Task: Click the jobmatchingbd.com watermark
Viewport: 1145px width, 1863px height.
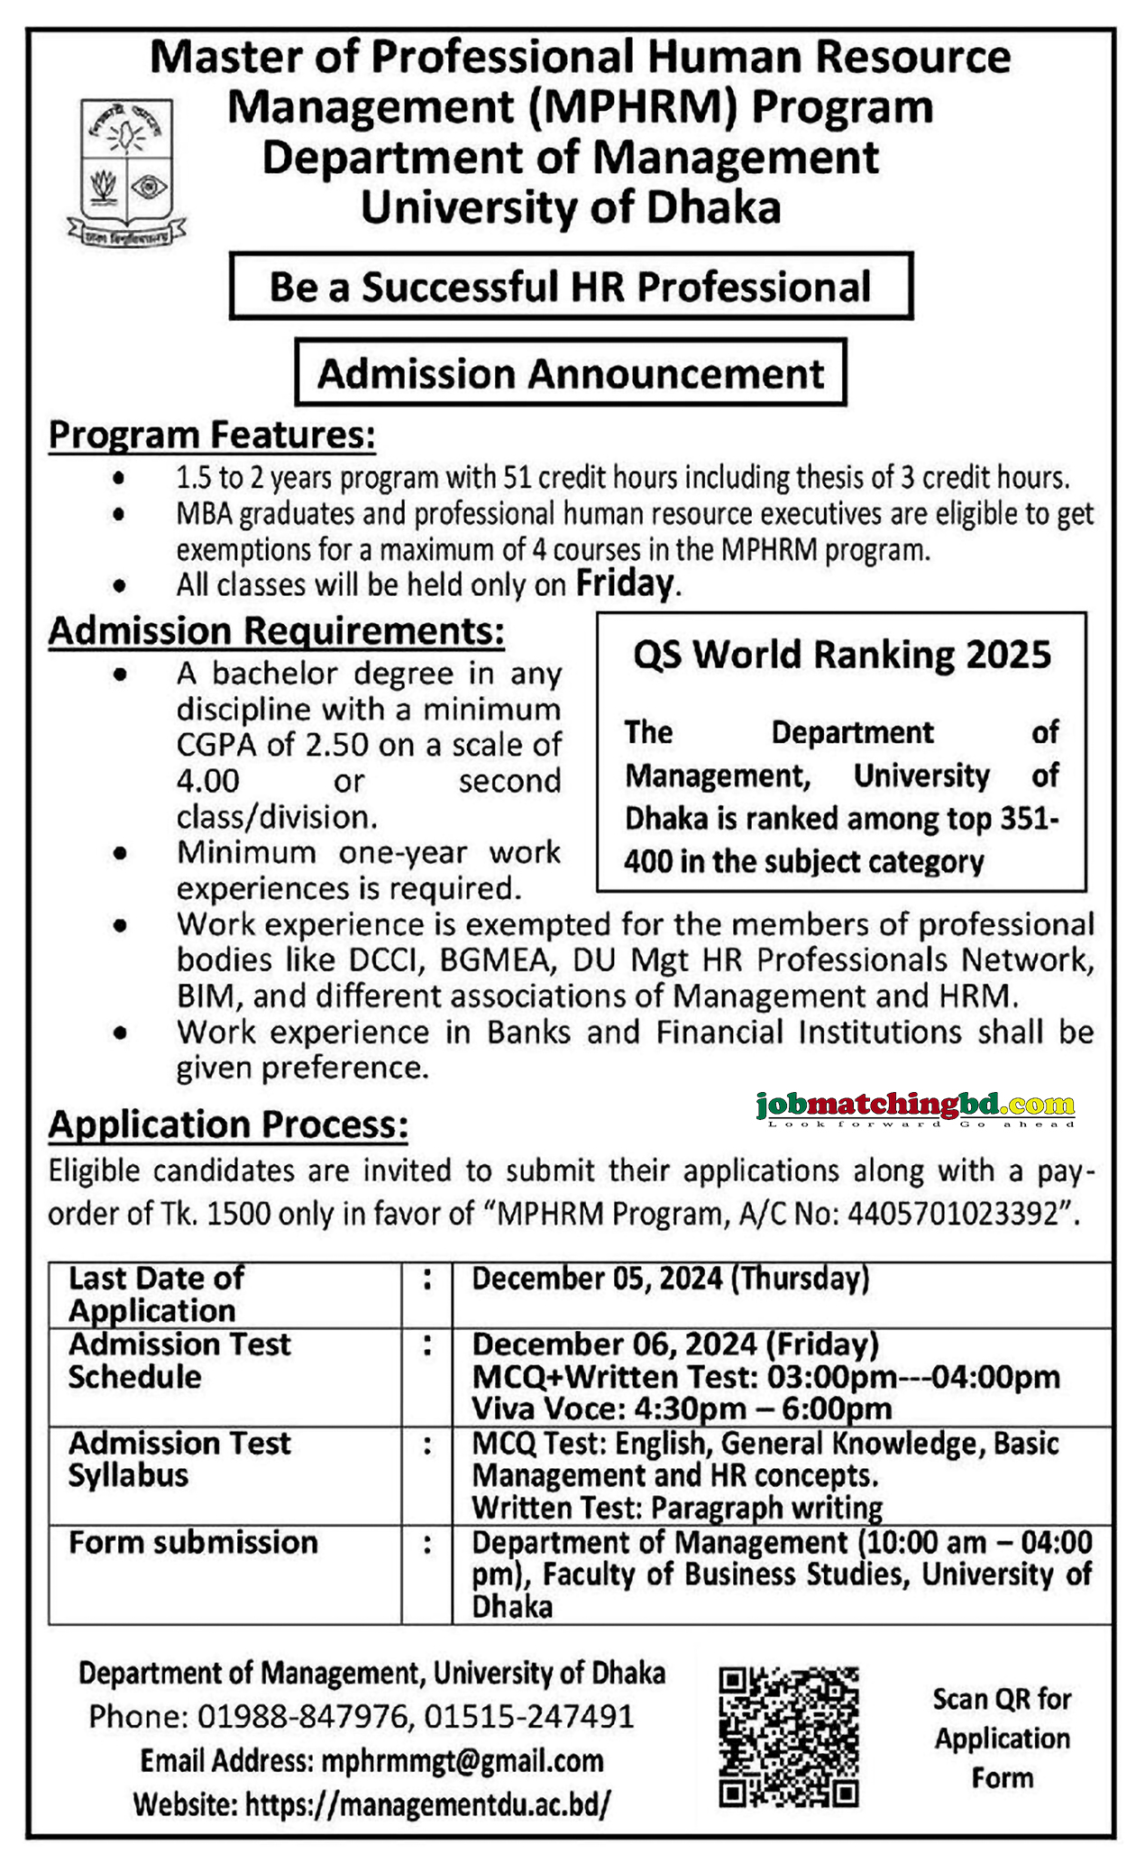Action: tap(916, 1106)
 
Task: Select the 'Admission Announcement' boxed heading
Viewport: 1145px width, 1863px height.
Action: tap(571, 373)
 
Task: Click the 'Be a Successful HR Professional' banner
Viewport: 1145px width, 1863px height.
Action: tap(571, 287)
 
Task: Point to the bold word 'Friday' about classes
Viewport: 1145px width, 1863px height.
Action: tap(625, 584)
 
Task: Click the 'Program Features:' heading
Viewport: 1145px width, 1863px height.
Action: tap(212, 435)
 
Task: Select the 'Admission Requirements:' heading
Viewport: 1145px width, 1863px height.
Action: tap(276, 631)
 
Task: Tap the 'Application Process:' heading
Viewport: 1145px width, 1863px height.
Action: tap(228, 1125)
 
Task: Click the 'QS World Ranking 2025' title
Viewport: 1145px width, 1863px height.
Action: tap(842, 655)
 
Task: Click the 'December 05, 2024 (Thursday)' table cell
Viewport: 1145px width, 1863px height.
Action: tap(671, 1279)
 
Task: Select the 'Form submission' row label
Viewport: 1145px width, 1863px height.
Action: tap(194, 1543)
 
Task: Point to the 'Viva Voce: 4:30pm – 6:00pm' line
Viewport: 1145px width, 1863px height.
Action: tap(682, 1409)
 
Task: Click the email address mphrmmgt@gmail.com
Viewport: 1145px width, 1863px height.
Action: tap(462, 1761)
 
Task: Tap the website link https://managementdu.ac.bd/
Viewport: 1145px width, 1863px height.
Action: tap(427, 1804)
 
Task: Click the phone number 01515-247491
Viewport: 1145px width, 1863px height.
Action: tap(529, 1716)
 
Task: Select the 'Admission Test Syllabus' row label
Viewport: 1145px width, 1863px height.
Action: tap(179, 1459)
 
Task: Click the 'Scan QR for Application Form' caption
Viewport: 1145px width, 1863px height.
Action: tap(1002, 1738)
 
